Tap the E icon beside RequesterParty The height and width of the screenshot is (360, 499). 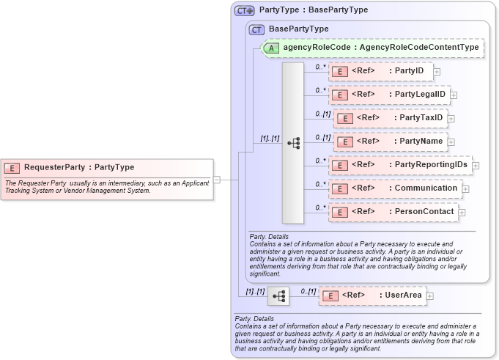[x=13, y=167]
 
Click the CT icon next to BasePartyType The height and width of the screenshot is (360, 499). [x=256, y=29]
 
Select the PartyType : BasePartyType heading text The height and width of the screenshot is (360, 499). [x=314, y=10]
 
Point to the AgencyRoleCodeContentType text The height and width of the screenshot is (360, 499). [x=419, y=47]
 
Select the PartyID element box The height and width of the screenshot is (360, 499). [x=380, y=71]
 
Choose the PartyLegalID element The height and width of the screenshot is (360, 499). [x=388, y=95]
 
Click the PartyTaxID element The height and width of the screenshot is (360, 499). [x=390, y=118]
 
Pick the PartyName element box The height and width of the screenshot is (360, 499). [x=390, y=142]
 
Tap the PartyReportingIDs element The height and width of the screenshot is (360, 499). [x=400, y=165]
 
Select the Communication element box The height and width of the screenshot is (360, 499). [x=395, y=188]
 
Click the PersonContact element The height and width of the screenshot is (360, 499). [x=393, y=212]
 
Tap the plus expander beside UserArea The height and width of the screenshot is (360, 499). [x=430, y=296]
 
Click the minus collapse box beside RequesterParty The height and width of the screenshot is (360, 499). [x=216, y=179]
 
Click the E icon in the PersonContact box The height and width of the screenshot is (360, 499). [x=339, y=213]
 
